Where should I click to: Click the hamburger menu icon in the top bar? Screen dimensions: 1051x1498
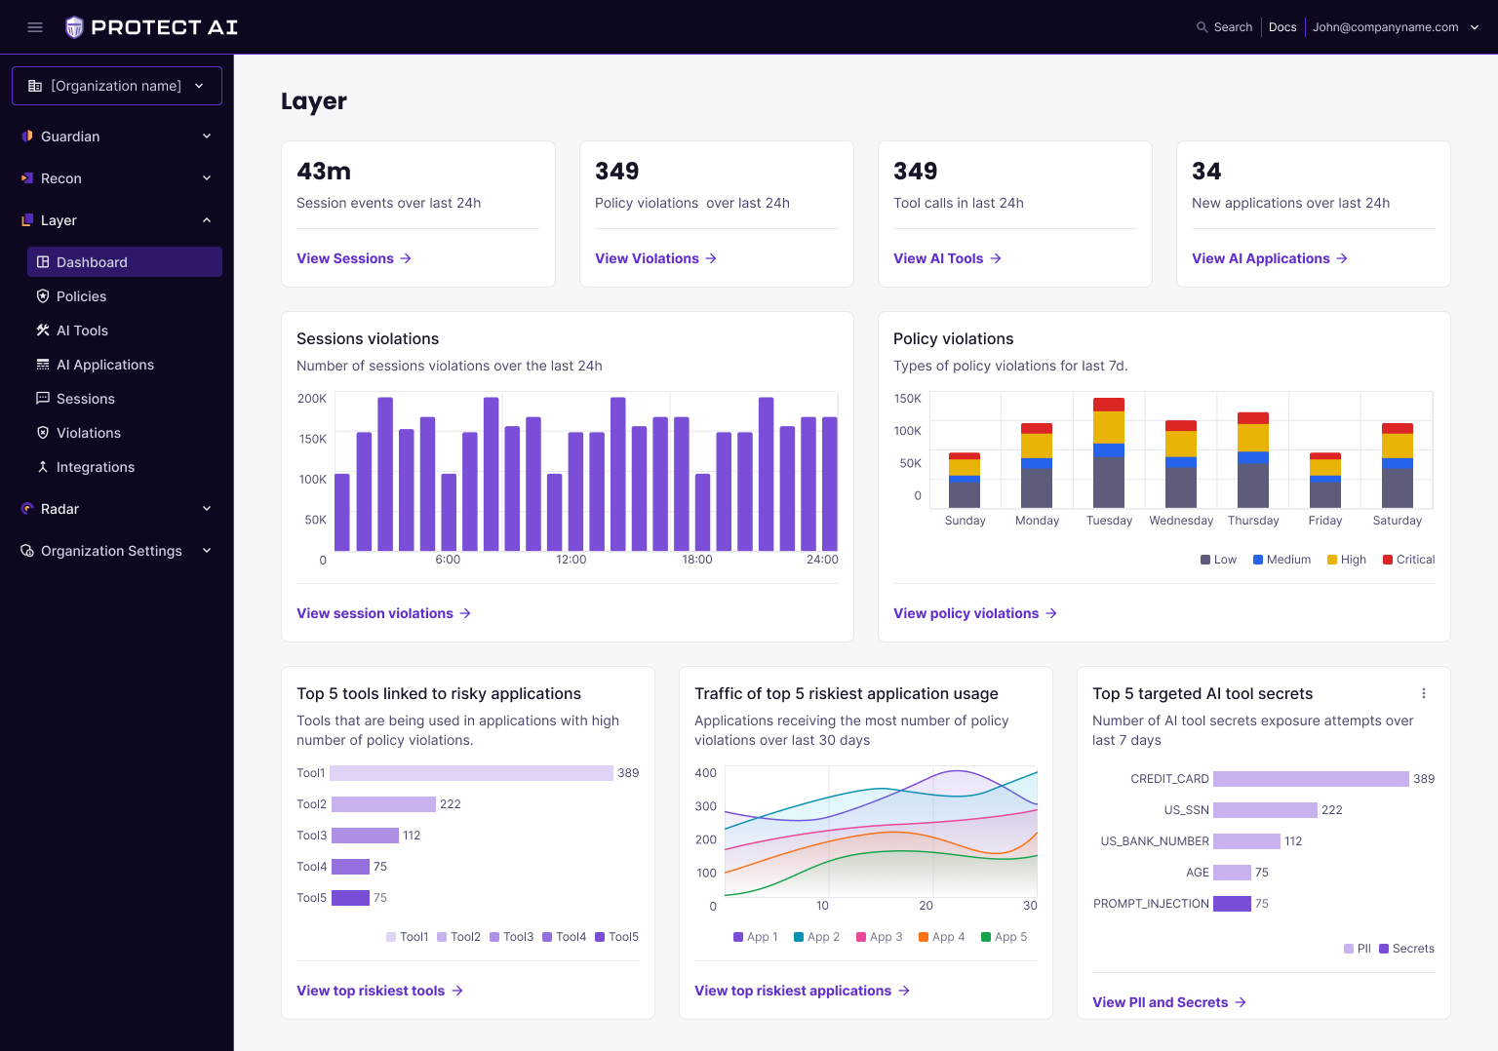coord(35,27)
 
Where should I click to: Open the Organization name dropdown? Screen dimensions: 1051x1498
coord(117,86)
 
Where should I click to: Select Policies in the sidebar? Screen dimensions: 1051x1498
coord(81,296)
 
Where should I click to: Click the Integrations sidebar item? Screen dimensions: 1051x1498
coord(95,467)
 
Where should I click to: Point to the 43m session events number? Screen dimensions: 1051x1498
coord(324,172)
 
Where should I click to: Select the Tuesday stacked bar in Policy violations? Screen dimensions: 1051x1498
coord(1109,452)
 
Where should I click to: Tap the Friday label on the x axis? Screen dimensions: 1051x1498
coord(1324,521)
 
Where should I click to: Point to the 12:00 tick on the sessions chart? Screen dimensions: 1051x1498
coord(571,560)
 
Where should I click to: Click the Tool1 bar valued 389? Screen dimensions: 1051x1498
coord(471,773)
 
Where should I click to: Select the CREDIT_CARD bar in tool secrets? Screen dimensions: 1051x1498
coord(1311,779)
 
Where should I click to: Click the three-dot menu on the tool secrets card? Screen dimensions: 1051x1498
coord(1424,693)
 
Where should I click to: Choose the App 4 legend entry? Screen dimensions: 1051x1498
coord(941,937)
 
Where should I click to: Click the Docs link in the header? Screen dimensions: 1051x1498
coord(1282,27)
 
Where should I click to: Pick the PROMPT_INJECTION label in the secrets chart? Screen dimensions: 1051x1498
coord(1151,904)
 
